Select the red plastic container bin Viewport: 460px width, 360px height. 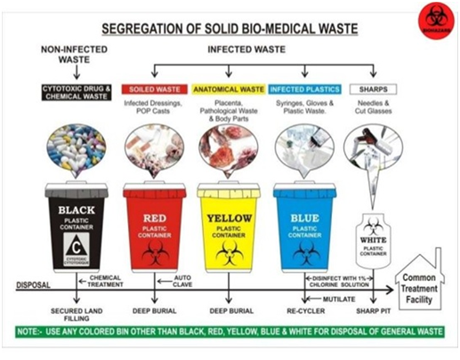tap(155, 230)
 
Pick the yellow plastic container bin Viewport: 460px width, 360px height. tap(229, 230)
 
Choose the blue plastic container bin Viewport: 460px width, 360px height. tap(304, 230)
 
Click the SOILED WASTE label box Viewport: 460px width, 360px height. tap(152, 89)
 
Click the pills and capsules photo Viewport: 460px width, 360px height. tap(76, 148)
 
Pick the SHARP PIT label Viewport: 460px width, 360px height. tap(371, 312)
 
